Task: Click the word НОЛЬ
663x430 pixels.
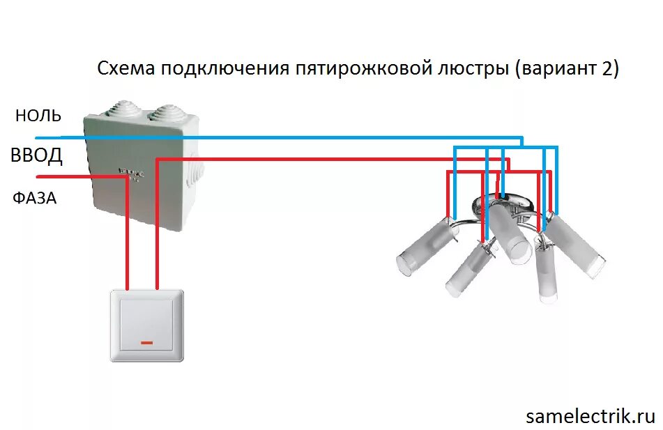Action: tap(38, 116)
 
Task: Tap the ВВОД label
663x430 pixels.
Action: tap(36, 155)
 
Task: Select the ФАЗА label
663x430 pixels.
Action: tap(35, 199)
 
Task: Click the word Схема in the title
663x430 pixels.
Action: tap(126, 70)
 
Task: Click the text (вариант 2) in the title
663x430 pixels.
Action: tap(567, 70)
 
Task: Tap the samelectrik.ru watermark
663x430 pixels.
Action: tap(590, 416)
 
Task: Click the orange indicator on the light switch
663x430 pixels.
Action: tap(146, 343)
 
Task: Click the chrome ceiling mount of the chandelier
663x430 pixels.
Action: tap(504, 204)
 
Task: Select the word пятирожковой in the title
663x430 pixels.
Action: tap(365, 70)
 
